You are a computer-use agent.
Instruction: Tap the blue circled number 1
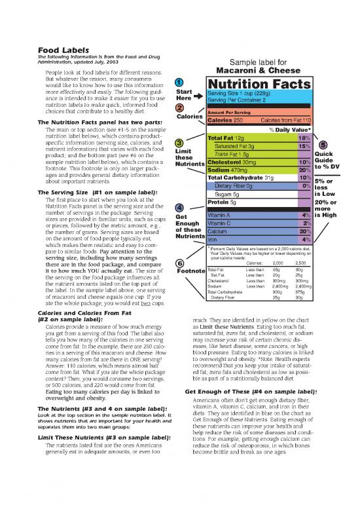click(179, 82)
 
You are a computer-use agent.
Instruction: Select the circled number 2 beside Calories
click(179, 108)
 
